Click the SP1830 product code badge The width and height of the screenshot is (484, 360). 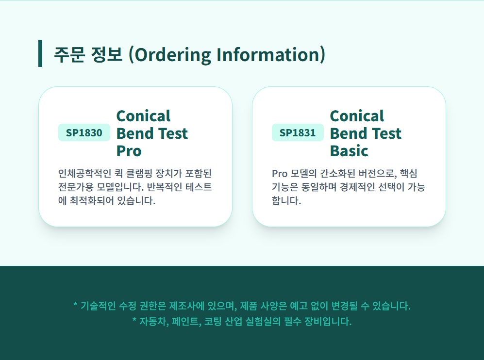pos(84,132)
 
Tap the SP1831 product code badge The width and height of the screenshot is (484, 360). pos(298,132)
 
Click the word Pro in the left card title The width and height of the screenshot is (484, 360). pos(129,151)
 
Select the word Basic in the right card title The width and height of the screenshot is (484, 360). pos(349,151)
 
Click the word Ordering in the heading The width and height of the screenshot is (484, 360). pos(172,55)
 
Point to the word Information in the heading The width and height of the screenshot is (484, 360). pos(267,55)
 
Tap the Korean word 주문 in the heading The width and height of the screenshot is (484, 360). pos(69,55)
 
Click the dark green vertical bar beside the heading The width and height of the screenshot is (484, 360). pos(40,53)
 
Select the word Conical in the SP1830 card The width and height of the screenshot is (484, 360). pos(143,116)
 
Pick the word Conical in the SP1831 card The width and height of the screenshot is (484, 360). pos(357,116)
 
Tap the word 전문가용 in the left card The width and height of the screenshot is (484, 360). pos(76,187)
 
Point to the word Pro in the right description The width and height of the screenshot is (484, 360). pos(280,173)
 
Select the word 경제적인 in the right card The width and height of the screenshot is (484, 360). pos(357,187)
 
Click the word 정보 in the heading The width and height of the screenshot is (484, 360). pos(107,55)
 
